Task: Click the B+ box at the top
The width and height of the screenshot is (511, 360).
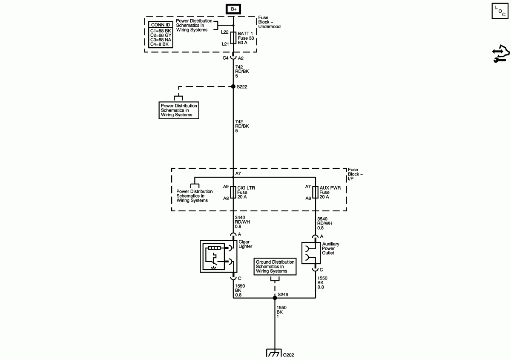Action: click(x=233, y=9)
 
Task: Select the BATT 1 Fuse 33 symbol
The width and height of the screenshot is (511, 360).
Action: click(x=233, y=38)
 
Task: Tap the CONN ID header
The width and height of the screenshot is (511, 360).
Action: click(x=161, y=25)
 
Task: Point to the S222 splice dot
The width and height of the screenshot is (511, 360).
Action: click(x=233, y=86)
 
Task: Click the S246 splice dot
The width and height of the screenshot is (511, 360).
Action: click(x=275, y=298)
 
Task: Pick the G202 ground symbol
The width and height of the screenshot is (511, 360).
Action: click(x=273, y=354)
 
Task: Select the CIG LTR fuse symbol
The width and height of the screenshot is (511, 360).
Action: click(x=233, y=193)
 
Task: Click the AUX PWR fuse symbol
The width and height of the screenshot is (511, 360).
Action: click(x=316, y=193)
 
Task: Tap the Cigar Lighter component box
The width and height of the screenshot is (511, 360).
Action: click(x=218, y=256)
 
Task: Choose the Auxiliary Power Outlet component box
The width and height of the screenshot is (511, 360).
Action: click(x=311, y=253)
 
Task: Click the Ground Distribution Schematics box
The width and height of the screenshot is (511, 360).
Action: click(x=275, y=267)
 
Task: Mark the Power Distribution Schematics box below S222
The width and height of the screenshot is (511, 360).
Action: click(x=179, y=110)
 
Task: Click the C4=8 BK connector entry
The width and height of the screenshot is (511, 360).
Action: click(x=160, y=44)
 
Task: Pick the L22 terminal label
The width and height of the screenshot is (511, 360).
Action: click(x=224, y=32)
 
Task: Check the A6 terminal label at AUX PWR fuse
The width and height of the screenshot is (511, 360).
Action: click(x=308, y=199)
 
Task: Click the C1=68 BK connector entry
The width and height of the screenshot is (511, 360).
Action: click(x=161, y=31)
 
